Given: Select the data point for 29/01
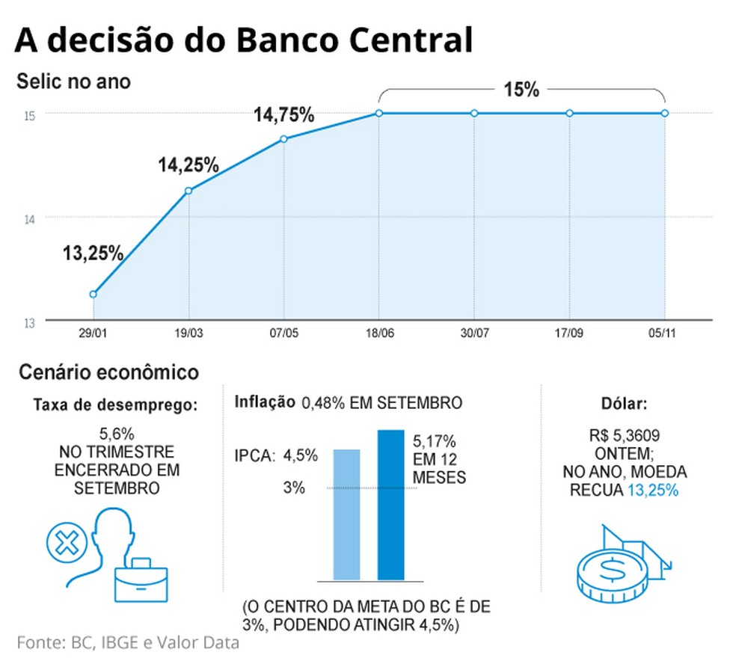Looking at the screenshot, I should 93,294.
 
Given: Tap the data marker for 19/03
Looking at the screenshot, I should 188,191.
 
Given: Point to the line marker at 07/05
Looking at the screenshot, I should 283,139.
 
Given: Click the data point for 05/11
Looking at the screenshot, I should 665,113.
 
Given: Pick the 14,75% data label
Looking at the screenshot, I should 283,117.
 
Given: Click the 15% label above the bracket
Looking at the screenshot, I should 521,90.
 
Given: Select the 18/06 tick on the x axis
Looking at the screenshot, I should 378,332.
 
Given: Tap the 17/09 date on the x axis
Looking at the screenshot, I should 569,332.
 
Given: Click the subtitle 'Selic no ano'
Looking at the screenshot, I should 73,82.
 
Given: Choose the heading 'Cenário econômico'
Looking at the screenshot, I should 108,372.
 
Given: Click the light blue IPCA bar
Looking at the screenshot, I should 346,514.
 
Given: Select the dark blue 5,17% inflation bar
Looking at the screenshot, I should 390,505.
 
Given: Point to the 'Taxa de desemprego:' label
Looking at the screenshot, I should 116,405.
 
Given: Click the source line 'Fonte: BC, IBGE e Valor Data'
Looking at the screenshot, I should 128,642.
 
